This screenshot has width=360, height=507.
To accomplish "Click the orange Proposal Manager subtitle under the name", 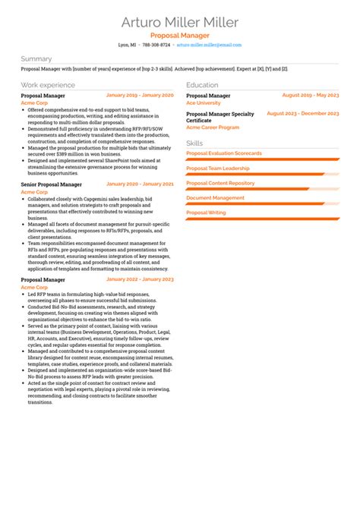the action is click(x=180, y=35).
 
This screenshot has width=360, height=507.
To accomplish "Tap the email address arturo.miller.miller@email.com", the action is click(x=209, y=45).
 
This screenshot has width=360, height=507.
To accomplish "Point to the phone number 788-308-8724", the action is click(x=156, y=45).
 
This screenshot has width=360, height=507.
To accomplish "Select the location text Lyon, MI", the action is click(x=128, y=45).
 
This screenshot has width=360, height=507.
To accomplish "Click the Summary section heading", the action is click(x=36, y=58).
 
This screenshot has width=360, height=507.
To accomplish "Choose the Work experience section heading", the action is click(x=48, y=85).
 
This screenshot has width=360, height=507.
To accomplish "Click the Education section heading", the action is click(x=202, y=85).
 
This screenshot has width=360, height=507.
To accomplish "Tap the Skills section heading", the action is click(x=194, y=143).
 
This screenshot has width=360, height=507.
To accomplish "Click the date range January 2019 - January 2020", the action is click(x=140, y=96).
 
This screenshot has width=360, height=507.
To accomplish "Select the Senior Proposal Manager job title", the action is click(x=52, y=184).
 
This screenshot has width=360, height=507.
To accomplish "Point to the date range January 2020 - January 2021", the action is click(x=140, y=184).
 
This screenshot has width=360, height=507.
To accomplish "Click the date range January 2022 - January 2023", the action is click(x=140, y=279).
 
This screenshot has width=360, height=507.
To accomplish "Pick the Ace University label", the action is click(x=204, y=102).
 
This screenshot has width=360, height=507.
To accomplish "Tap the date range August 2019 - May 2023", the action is click(x=310, y=96).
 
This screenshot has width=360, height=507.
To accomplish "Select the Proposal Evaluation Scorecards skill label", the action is click(x=224, y=153).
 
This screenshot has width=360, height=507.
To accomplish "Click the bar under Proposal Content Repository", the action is click(x=262, y=188).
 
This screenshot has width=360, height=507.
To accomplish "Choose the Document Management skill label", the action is click(x=215, y=197).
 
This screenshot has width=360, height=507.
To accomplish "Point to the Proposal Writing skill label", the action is click(x=206, y=213).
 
